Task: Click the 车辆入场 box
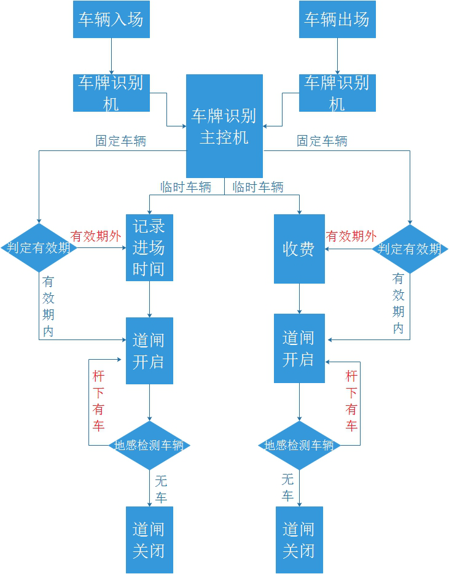click(x=111, y=19)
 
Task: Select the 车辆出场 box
click(x=337, y=19)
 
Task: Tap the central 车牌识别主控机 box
click(x=224, y=126)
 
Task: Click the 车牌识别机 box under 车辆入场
click(x=111, y=93)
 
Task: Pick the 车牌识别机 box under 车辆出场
click(x=337, y=93)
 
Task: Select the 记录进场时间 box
click(x=149, y=247)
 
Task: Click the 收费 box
click(x=299, y=249)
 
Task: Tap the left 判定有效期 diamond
click(x=39, y=248)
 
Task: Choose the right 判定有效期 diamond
click(x=410, y=249)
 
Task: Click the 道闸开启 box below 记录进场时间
click(x=149, y=351)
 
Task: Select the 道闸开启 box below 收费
click(x=299, y=348)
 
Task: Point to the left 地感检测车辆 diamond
click(x=149, y=446)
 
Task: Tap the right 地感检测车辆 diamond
click(x=299, y=446)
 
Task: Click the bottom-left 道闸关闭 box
click(x=149, y=540)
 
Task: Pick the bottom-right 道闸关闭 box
click(x=299, y=540)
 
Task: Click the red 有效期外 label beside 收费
click(x=351, y=236)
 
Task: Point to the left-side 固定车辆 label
click(x=120, y=141)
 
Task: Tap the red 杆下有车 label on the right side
click(x=351, y=401)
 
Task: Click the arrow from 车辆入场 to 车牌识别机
click(x=111, y=56)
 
